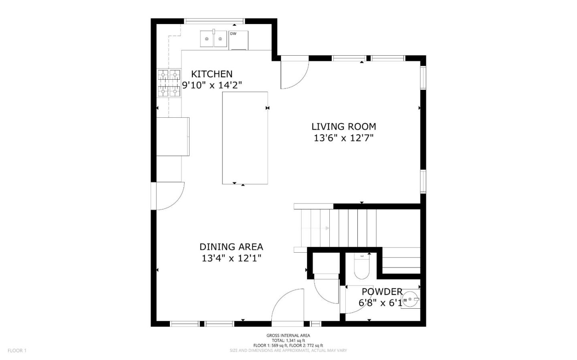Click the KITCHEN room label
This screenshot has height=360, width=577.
[212, 74]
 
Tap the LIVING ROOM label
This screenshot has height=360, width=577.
[344, 127]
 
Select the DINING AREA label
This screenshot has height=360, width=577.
[231, 247]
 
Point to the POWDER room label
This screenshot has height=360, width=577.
[382, 292]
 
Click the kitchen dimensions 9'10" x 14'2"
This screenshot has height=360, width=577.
[212, 85]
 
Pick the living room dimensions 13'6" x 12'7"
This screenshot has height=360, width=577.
[344, 138]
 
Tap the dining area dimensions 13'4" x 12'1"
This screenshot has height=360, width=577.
[231, 258]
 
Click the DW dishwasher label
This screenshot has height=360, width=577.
[233, 34]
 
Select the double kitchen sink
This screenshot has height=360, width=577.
[214, 39]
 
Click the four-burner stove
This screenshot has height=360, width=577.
[169, 83]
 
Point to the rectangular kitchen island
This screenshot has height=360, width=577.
[245, 138]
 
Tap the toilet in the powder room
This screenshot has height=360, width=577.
[362, 267]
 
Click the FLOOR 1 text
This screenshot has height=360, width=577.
[17, 350]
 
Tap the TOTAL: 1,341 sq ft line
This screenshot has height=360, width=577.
[288, 340]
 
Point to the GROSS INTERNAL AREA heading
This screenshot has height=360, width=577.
[288, 336]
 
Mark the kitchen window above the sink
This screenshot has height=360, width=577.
[214, 21]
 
